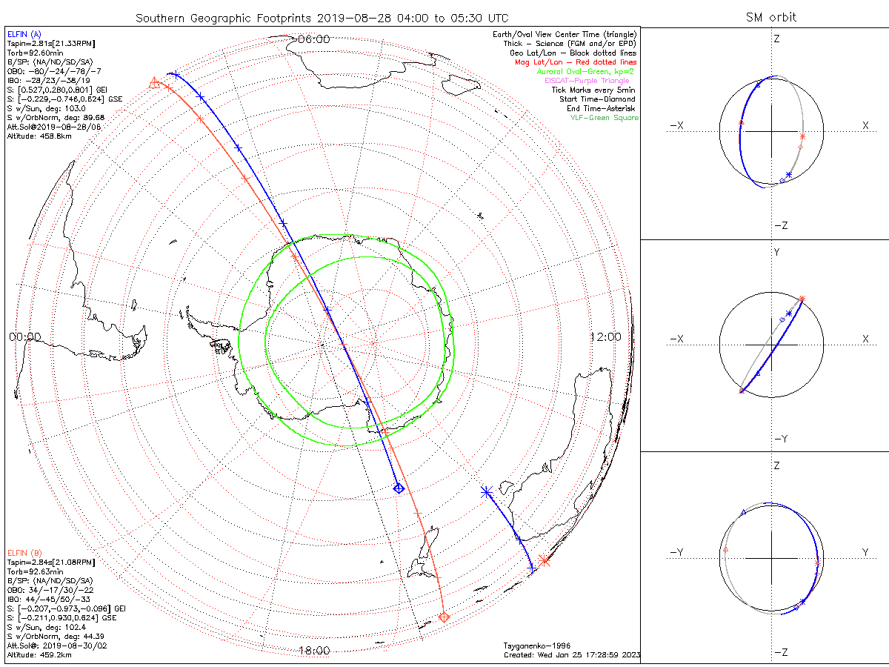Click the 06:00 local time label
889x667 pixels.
(313, 39)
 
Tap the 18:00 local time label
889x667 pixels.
(313, 651)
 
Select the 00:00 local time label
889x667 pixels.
(24, 336)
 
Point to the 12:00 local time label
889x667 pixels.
(605, 336)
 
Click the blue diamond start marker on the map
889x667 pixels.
(399, 488)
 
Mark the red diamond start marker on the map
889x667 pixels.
(444, 617)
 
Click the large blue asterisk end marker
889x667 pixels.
(486, 491)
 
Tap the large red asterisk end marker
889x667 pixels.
(545, 560)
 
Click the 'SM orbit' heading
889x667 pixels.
(772, 17)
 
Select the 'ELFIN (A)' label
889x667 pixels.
(24, 34)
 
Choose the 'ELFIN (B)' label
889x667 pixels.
(24, 552)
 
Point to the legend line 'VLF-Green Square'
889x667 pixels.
(604, 118)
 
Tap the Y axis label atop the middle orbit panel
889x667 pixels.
(776, 252)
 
